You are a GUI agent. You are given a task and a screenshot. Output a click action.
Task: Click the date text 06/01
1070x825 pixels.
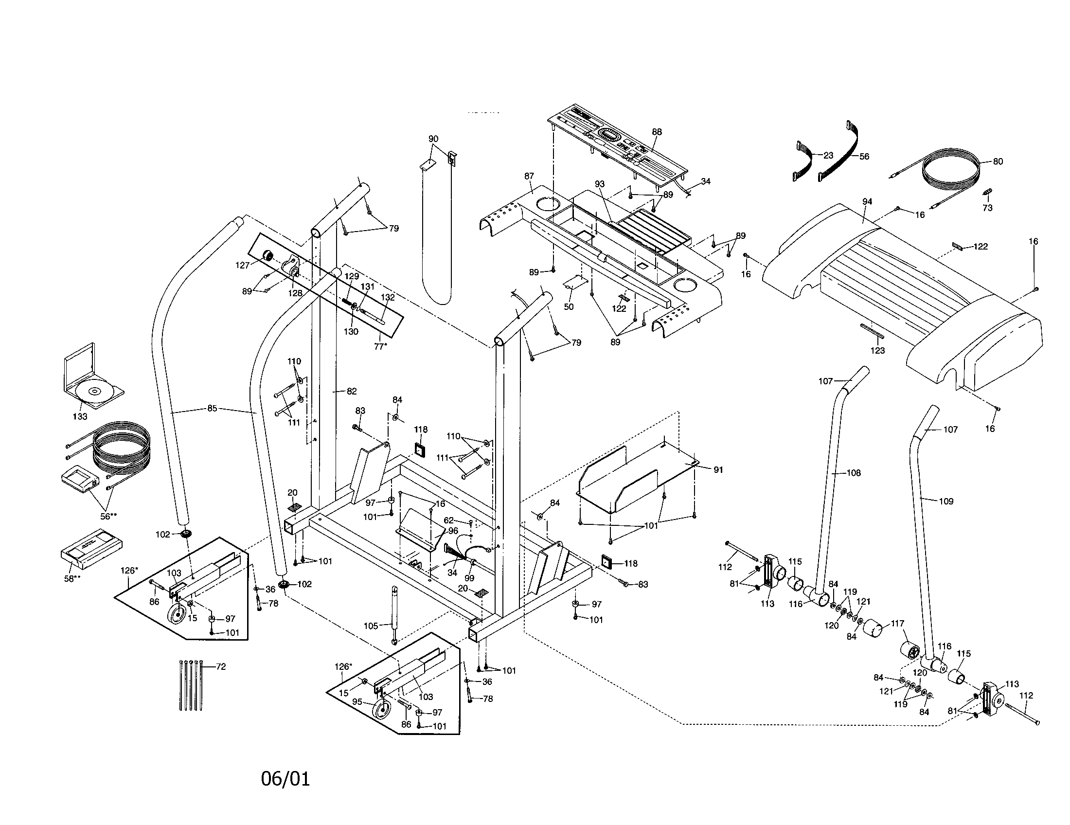pos(285,779)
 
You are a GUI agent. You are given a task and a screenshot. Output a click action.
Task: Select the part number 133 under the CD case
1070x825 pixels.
pos(80,416)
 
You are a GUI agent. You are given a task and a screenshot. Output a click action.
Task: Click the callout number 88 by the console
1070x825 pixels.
pos(657,132)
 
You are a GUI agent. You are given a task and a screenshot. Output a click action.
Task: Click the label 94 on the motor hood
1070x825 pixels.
pos(867,201)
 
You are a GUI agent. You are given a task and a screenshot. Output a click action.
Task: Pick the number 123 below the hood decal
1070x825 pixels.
pos(877,350)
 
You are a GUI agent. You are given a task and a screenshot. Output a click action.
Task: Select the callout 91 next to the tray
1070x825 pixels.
pos(718,469)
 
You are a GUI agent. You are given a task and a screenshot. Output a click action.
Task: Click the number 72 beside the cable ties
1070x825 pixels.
pos(221,666)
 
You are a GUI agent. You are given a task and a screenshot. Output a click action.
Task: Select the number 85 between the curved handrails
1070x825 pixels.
pos(212,408)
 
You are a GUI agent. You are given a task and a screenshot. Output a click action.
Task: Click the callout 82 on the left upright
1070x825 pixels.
pos(351,391)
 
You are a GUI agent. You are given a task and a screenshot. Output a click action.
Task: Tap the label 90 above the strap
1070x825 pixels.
pos(433,139)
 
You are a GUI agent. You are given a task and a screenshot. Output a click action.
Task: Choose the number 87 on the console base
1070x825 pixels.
pos(529,176)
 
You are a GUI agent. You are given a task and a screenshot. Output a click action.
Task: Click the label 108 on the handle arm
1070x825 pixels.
pos(853,473)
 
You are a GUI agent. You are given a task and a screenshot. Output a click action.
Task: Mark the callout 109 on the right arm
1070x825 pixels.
pos(946,501)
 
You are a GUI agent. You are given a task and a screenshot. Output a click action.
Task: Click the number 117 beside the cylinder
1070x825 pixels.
pos(897,624)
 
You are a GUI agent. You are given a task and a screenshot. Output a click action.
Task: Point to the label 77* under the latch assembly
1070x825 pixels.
pos(380,346)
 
